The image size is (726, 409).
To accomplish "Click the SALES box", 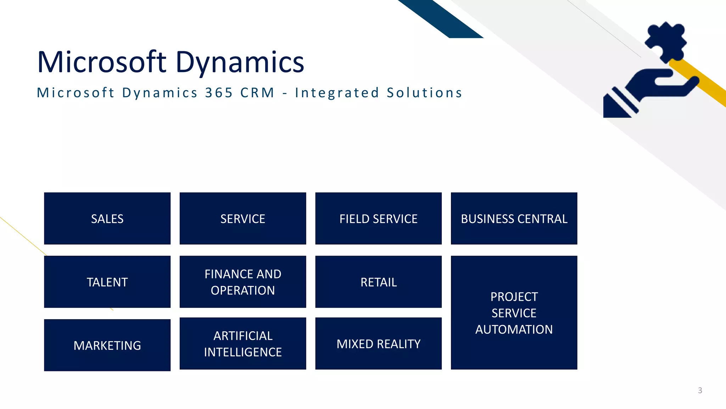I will click(x=107, y=218).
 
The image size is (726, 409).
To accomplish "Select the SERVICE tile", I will click(x=243, y=218).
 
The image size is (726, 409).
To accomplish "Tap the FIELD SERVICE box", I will click(x=378, y=218).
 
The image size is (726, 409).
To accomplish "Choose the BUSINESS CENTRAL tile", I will click(x=514, y=218).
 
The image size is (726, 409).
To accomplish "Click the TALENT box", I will click(x=107, y=282).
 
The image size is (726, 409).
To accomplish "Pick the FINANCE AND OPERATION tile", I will click(x=243, y=282).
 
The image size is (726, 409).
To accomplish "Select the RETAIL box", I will click(x=378, y=282).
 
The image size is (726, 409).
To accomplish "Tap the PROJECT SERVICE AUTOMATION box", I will click(x=514, y=312).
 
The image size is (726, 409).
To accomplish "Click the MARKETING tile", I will click(x=107, y=345).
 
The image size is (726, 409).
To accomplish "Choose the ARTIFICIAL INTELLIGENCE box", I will click(x=243, y=344).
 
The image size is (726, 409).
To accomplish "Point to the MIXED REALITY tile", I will click(x=378, y=344).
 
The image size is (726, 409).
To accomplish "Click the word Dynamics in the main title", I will click(x=240, y=62).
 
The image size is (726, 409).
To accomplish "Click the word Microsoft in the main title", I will click(x=101, y=62).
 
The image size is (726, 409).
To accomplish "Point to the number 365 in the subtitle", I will click(x=219, y=93).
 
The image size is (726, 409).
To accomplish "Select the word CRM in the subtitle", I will click(x=257, y=93).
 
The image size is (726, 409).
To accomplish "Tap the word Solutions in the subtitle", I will click(x=424, y=93).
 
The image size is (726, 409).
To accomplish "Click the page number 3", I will click(x=700, y=390).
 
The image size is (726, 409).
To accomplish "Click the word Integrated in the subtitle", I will click(x=337, y=93).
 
